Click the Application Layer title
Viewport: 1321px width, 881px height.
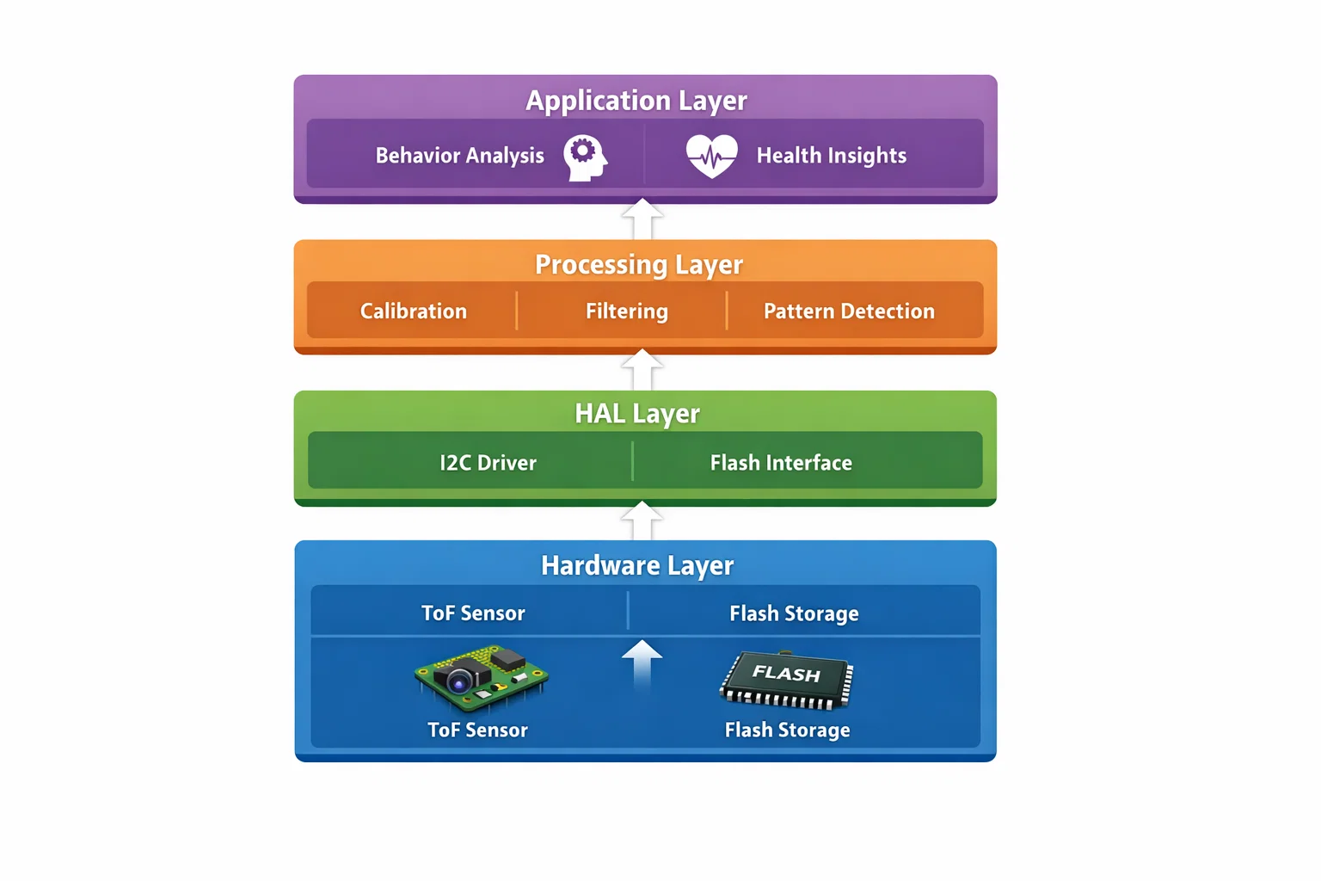pos(636,101)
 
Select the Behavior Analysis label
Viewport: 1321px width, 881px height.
pos(459,156)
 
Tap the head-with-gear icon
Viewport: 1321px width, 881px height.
pos(585,157)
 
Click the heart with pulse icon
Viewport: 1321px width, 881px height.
pos(711,156)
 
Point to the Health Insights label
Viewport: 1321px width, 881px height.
pos(831,156)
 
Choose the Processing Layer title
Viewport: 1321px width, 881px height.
pos(639,264)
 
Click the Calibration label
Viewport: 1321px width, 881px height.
pos(413,311)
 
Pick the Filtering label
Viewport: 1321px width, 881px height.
pos(626,311)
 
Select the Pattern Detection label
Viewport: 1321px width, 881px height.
pos(849,311)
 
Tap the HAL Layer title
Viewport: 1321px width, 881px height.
pos(637,414)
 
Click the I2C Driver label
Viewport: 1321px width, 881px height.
pos(488,463)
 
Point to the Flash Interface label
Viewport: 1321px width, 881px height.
pos(781,463)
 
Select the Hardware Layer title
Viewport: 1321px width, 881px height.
pos(637,565)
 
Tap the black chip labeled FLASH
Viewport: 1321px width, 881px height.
pos(786,680)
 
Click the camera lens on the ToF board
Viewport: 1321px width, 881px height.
pos(460,683)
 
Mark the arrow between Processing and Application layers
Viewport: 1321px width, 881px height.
pos(642,220)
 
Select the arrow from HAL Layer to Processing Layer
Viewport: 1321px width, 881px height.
pos(642,370)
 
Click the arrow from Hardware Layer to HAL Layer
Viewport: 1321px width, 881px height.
pos(642,521)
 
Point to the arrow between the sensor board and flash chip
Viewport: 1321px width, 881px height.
pos(642,664)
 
